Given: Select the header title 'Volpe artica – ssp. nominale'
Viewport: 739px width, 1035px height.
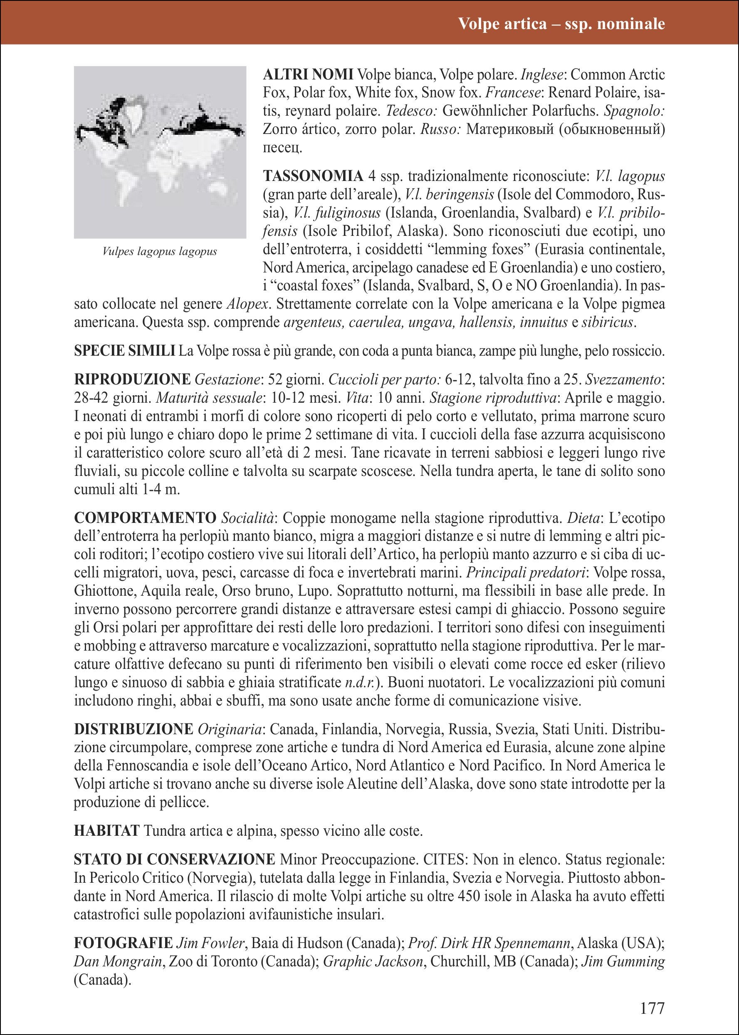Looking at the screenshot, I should tap(561, 23).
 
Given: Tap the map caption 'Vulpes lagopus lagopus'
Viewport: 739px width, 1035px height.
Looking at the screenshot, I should tap(160, 251).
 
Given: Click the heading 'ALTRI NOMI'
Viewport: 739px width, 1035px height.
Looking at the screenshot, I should tap(308, 74).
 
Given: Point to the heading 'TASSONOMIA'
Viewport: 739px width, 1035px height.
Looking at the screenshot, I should tap(313, 176).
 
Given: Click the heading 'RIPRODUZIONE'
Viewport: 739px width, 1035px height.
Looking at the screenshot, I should tap(132, 379).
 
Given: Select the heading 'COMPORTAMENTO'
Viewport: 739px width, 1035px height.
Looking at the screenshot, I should tap(145, 517).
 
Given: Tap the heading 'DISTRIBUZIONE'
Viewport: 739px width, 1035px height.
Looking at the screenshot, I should tap(134, 729).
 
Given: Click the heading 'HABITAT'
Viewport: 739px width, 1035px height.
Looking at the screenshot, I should tap(106, 831).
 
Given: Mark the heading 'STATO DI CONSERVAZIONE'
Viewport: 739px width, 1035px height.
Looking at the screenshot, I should tap(174, 859).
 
